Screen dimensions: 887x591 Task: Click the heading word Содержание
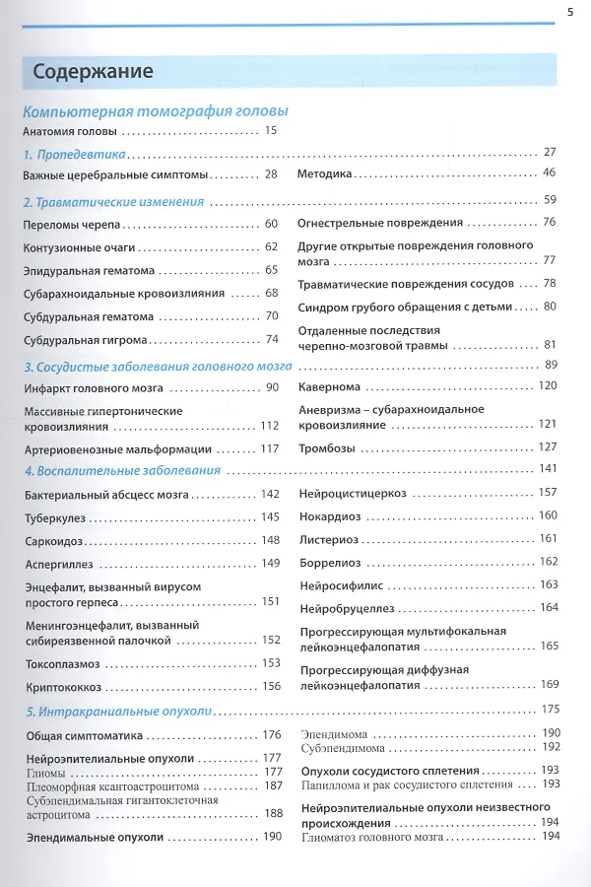tap(93, 71)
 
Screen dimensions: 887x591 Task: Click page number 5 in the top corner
tap(570, 12)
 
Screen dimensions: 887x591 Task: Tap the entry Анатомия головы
tap(70, 131)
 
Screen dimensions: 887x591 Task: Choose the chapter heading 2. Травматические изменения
tap(113, 202)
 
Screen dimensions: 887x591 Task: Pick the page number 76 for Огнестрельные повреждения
tap(550, 223)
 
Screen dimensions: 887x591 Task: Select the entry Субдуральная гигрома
tap(86, 340)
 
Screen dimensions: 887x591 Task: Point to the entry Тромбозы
tap(327, 446)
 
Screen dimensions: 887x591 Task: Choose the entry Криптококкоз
tap(63, 687)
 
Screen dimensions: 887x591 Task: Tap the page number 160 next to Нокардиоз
tap(549, 516)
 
